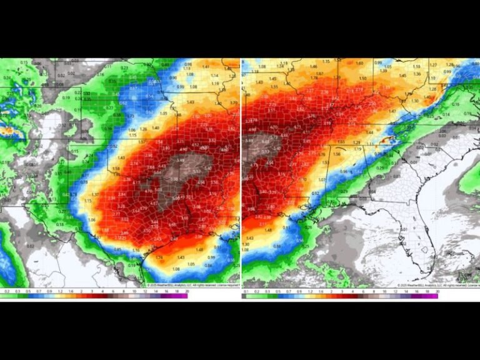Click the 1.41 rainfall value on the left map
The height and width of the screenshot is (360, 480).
[206, 67]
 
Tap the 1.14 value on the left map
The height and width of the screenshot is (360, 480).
[216, 74]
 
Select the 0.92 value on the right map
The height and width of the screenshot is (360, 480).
[316, 194]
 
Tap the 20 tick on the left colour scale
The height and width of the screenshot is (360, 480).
[186, 292]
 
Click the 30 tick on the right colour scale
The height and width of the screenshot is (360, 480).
[437, 292]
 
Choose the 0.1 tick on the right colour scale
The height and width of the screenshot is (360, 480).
[245, 292]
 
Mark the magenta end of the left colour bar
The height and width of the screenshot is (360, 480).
[181, 296]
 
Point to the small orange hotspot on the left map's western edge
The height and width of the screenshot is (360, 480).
[7, 131]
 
